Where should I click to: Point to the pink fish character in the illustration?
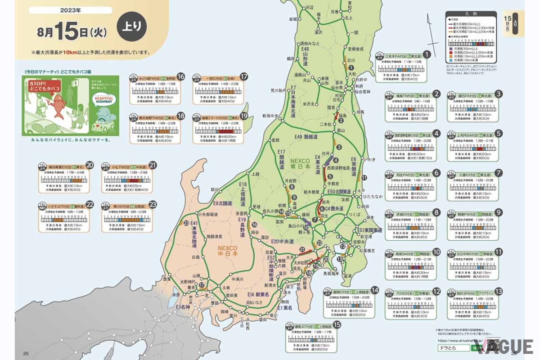pos(56,106)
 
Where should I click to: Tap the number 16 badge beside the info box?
pos(181,76)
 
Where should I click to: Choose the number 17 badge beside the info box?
pos(244,76)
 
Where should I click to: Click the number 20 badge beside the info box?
pos(90,165)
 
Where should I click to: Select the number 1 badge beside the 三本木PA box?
pos(427,54)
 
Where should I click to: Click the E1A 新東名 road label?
pos(257,294)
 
